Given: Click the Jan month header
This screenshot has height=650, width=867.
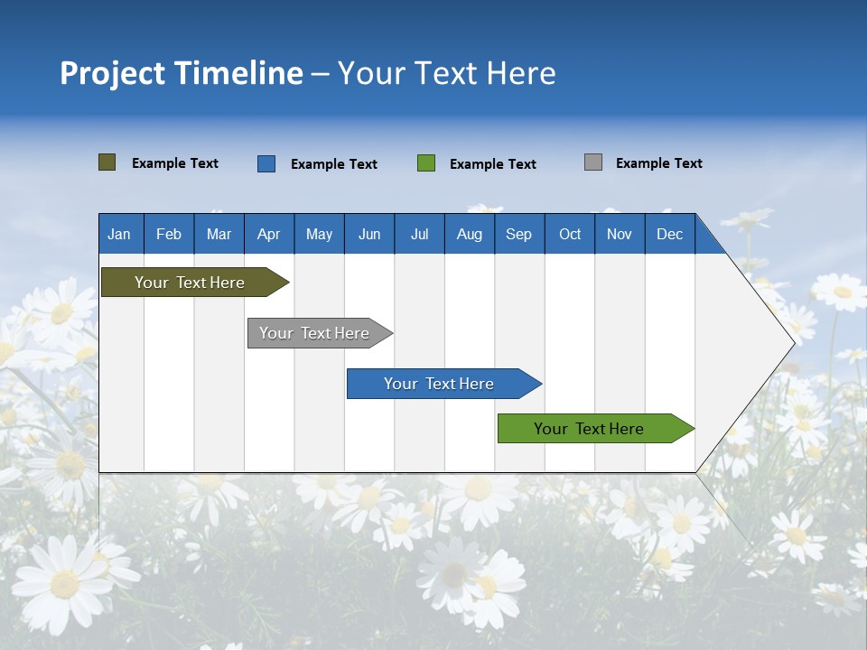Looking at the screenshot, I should (x=119, y=234).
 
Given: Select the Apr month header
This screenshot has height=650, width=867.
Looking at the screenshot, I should (x=269, y=234).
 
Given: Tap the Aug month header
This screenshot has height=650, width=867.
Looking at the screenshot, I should (x=470, y=234).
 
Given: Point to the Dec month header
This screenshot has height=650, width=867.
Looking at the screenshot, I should (x=669, y=234).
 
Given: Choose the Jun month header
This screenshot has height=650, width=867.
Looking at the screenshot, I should (x=369, y=234).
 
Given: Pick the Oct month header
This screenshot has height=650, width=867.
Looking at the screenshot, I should (x=570, y=234).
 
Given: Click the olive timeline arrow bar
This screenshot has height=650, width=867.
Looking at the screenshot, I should (x=190, y=283).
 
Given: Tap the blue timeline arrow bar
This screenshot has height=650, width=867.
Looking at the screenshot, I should (x=440, y=384).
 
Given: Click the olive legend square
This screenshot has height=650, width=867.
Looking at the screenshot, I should (x=107, y=162).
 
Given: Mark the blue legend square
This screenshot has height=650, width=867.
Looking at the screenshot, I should (x=266, y=163).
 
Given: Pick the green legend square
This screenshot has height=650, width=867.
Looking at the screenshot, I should (x=426, y=163).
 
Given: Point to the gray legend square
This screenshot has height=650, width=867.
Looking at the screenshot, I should (x=593, y=162).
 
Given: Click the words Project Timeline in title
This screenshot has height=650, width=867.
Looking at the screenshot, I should (x=182, y=73).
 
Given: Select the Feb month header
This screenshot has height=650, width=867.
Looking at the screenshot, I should (x=169, y=234).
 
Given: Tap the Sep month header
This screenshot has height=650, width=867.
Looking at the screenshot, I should (x=519, y=234).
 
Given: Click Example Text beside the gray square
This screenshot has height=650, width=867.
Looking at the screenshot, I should (x=658, y=163).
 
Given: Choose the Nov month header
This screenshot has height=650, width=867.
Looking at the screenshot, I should (x=620, y=234).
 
